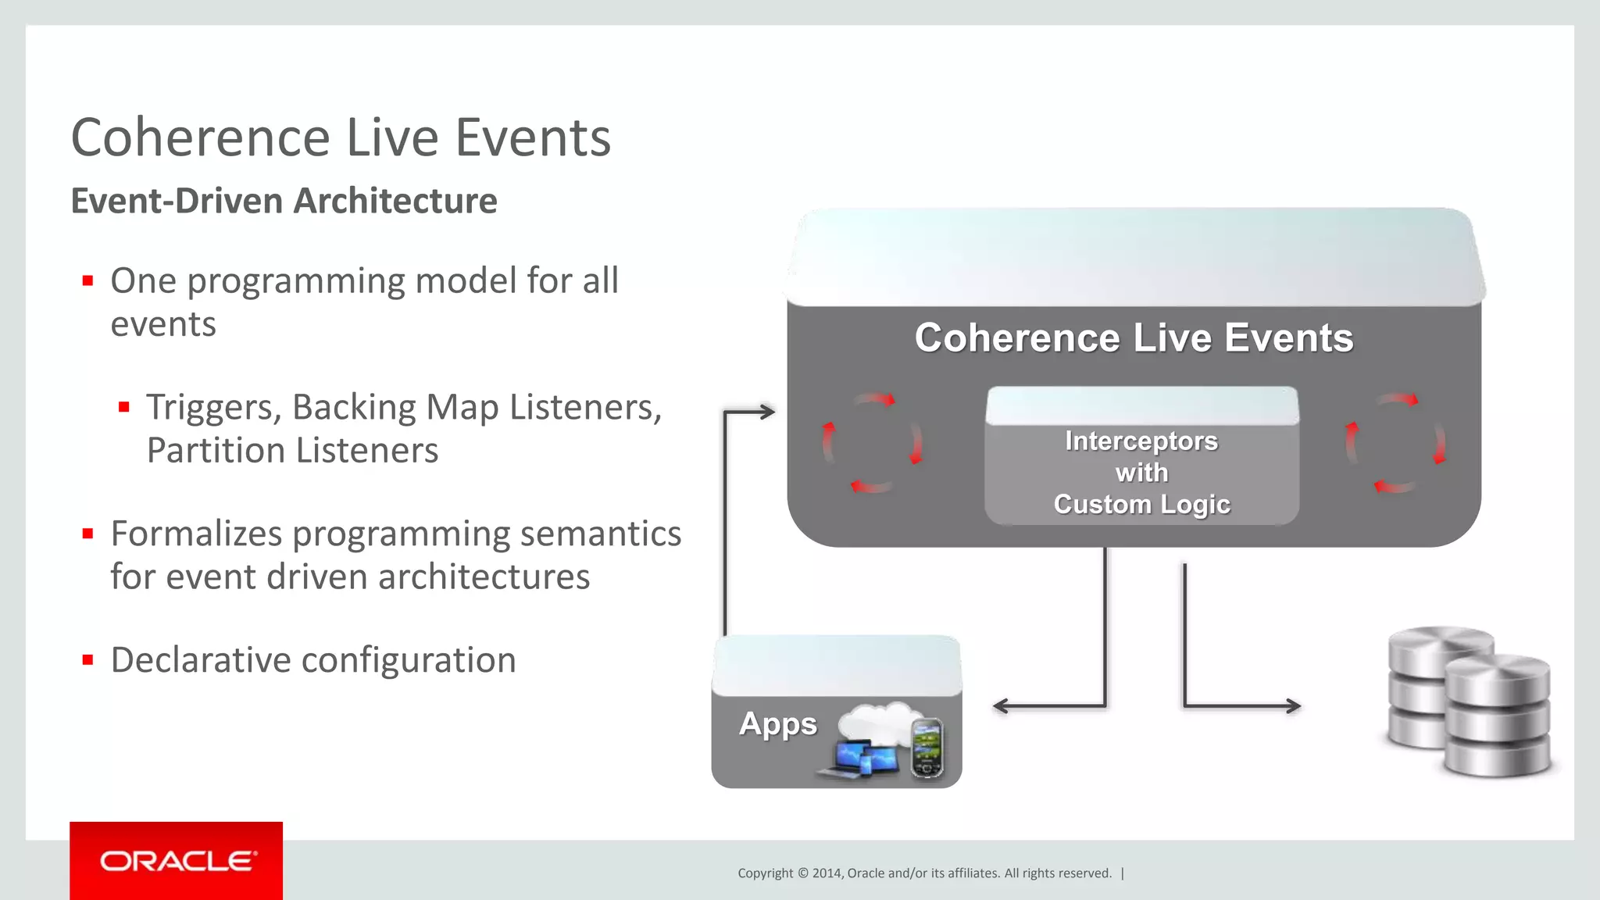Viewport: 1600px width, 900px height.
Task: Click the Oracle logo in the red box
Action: pyautogui.click(x=177, y=861)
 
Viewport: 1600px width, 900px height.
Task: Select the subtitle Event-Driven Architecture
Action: pyautogui.click(x=284, y=201)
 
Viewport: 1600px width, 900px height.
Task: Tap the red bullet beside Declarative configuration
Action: pyautogui.click(x=87, y=660)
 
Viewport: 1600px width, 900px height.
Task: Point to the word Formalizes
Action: pyautogui.click(x=196, y=534)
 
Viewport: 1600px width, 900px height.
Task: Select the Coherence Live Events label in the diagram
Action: pyautogui.click(x=1134, y=338)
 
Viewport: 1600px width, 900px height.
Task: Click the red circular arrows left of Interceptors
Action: pyautogui.click(x=872, y=443)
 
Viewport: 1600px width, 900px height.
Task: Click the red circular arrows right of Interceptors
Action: pyautogui.click(x=1395, y=443)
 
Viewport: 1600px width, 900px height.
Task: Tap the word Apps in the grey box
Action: pyautogui.click(x=777, y=724)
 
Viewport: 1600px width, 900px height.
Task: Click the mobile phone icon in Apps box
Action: pyautogui.click(x=927, y=747)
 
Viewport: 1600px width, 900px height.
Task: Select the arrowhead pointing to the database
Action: pyautogui.click(x=1294, y=706)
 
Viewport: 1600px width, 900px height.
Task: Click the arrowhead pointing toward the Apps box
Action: pyautogui.click(x=1000, y=706)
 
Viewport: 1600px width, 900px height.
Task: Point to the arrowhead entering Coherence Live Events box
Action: pyautogui.click(x=768, y=411)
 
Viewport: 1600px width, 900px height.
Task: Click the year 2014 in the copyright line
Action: pyautogui.click(x=826, y=873)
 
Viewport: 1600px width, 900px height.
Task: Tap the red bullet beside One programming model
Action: pyautogui.click(x=87, y=280)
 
